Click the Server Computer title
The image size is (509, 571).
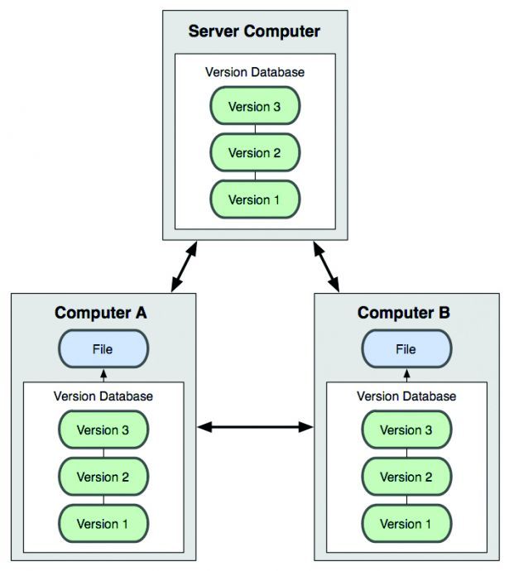pyautogui.click(x=254, y=32)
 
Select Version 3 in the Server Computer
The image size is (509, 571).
pyautogui.click(x=254, y=107)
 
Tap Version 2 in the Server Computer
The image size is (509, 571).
pyautogui.click(x=254, y=153)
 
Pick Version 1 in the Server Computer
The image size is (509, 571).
pyautogui.click(x=254, y=199)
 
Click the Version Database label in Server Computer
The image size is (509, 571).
pyautogui.click(x=254, y=72)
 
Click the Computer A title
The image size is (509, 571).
pyautogui.click(x=101, y=313)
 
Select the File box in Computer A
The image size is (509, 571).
pyautogui.click(x=103, y=349)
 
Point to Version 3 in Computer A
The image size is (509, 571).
pyautogui.click(x=103, y=430)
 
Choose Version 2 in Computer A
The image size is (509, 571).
pyautogui.click(x=103, y=477)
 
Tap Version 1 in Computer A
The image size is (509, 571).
pyautogui.click(x=103, y=524)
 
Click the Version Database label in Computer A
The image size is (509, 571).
pyautogui.click(x=103, y=396)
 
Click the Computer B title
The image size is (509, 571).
pyautogui.click(x=406, y=313)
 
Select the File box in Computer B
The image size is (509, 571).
pyautogui.click(x=406, y=349)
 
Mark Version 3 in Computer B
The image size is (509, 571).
pyautogui.click(x=406, y=430)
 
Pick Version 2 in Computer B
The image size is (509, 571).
pyautogui.click(x=406, y=477)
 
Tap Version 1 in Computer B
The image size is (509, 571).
pyautogui.click(x=406, y=524)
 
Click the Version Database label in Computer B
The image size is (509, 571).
pyautogui.click(x=406, y=396)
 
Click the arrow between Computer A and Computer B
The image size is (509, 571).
pyautogui.click(x=255, y=427)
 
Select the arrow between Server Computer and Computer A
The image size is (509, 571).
pyautogui.click(x=184, y=266)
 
